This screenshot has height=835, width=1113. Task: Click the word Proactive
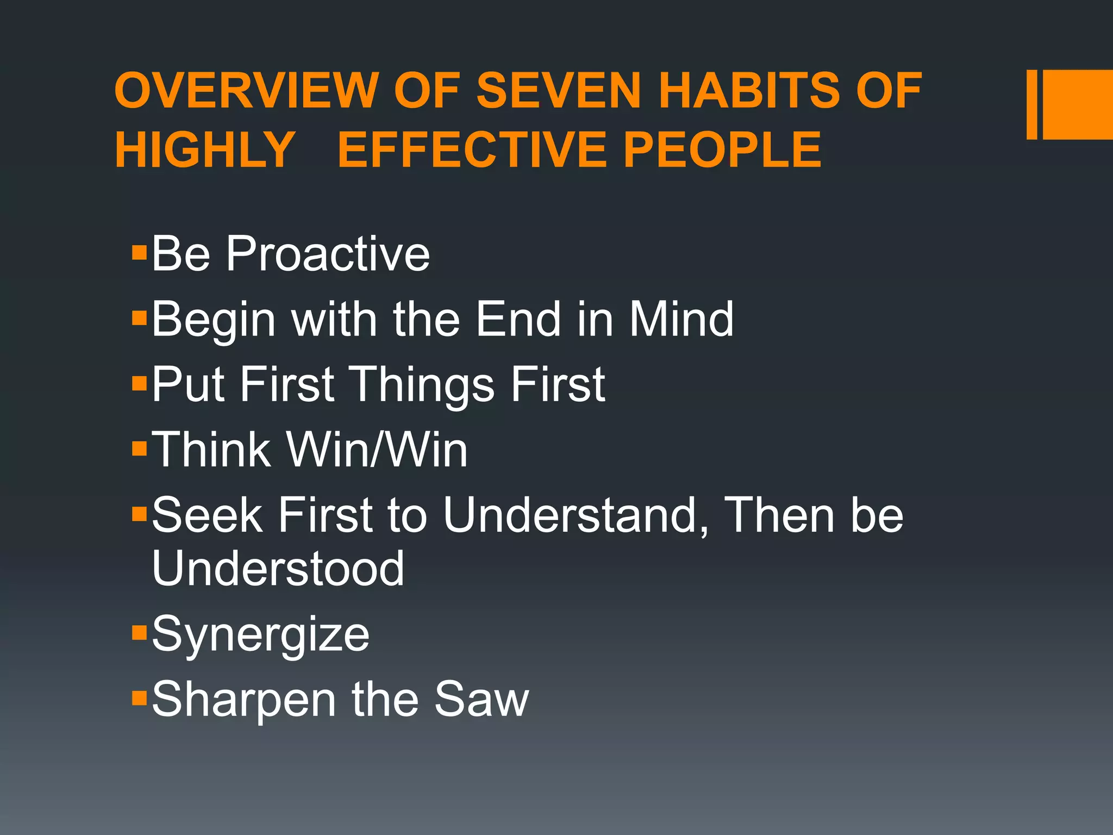point(328,254)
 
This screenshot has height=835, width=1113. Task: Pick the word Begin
point(214,321)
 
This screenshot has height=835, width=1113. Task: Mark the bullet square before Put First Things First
point(140,383)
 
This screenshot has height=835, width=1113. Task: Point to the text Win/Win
point(377,450)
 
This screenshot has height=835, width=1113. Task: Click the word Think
point(211,450)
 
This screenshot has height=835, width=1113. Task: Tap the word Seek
point(207,515)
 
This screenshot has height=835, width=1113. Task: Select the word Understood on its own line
point(278,568)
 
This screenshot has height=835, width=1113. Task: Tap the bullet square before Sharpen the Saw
point(140,697)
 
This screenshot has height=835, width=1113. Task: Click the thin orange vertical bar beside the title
point(1031,104)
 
